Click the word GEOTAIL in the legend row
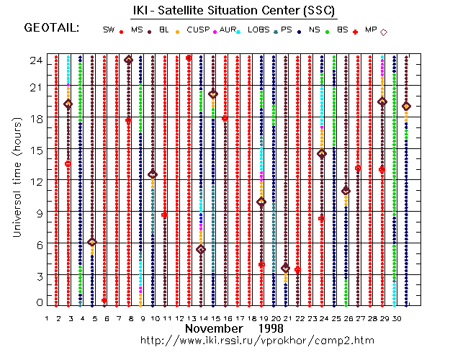tap(51, 29)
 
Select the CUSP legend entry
tap(198, 30)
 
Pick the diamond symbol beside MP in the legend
tap(384, 32)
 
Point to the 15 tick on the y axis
tap(34, 150)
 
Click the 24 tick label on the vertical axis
tap(34, 60)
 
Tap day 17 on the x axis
tap(237, 318)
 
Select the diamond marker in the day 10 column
tap(153, 174)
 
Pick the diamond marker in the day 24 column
tap(322, 153)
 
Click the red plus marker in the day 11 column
tap(165, 215)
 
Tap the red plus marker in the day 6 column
tap(104, 301)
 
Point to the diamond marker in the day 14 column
tap(201, 249)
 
